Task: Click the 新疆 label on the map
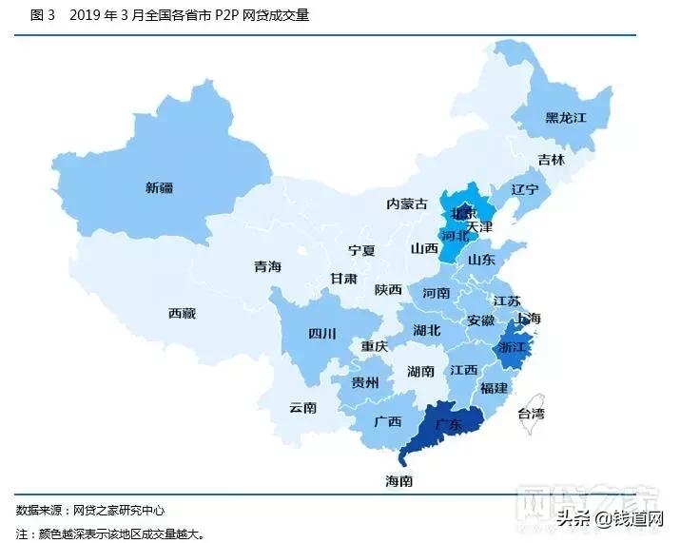click(160, 187)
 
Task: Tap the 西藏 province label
click(182, 313)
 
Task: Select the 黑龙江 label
click(565, 118)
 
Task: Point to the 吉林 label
click(551, 160)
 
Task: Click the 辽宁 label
click(525, 189)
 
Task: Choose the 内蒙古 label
click(407, 204)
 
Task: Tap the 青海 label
click(267, 267)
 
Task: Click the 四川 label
click(322, 333)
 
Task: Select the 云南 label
click(303, 407)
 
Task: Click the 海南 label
click(399, 481)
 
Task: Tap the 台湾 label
click(532, 413)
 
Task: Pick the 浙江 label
click(511, 347)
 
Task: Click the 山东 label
click(481, 259)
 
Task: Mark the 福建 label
click(494, 388)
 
